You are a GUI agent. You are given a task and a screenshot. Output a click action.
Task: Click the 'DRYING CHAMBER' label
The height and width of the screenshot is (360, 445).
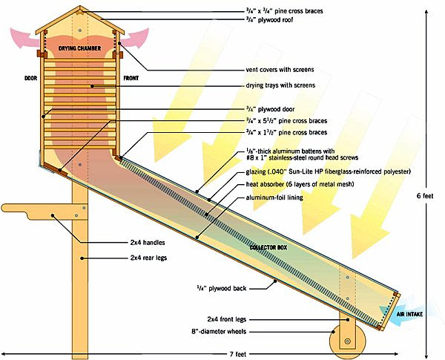(80, 48)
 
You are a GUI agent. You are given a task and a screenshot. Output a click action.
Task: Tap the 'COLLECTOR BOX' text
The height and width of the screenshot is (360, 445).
(268, 248)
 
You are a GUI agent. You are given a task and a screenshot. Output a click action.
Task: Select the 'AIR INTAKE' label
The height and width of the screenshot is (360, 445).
(409, 314)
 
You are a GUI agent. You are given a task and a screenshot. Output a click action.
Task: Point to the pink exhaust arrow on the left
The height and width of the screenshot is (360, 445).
(24, 38)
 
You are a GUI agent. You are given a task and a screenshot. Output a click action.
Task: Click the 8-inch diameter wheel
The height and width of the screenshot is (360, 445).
(347, 341)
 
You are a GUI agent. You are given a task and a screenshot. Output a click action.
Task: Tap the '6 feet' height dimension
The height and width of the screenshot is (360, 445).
(425, 196)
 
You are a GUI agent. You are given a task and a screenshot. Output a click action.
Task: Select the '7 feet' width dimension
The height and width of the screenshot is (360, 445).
(238, 354)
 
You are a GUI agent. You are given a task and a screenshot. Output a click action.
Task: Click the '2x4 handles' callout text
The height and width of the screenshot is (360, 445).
(148, 243)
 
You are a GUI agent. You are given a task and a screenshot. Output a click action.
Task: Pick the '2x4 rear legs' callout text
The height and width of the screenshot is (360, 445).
(149, 258)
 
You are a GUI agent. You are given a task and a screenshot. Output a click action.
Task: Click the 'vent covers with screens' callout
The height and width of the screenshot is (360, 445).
(280, 70)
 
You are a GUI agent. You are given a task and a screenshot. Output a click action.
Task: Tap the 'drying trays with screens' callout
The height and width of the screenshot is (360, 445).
(280, 85)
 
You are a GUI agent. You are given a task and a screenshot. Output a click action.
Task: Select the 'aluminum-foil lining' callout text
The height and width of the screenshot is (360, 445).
(274, 197)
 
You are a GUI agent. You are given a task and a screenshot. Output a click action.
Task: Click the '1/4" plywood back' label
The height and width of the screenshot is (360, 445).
(222, 289)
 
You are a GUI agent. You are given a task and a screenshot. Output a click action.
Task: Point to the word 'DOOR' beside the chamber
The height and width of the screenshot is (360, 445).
(30, 78)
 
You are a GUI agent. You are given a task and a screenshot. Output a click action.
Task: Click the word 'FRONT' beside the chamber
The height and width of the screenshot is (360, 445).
(131, 78)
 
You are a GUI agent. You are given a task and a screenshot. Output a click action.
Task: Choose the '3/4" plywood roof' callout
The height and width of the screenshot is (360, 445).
(269, 19)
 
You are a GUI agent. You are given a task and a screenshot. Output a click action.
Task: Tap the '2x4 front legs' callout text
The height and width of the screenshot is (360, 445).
(227, 319)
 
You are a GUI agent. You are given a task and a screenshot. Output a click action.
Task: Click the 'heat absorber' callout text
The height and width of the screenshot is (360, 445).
(300, 184)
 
